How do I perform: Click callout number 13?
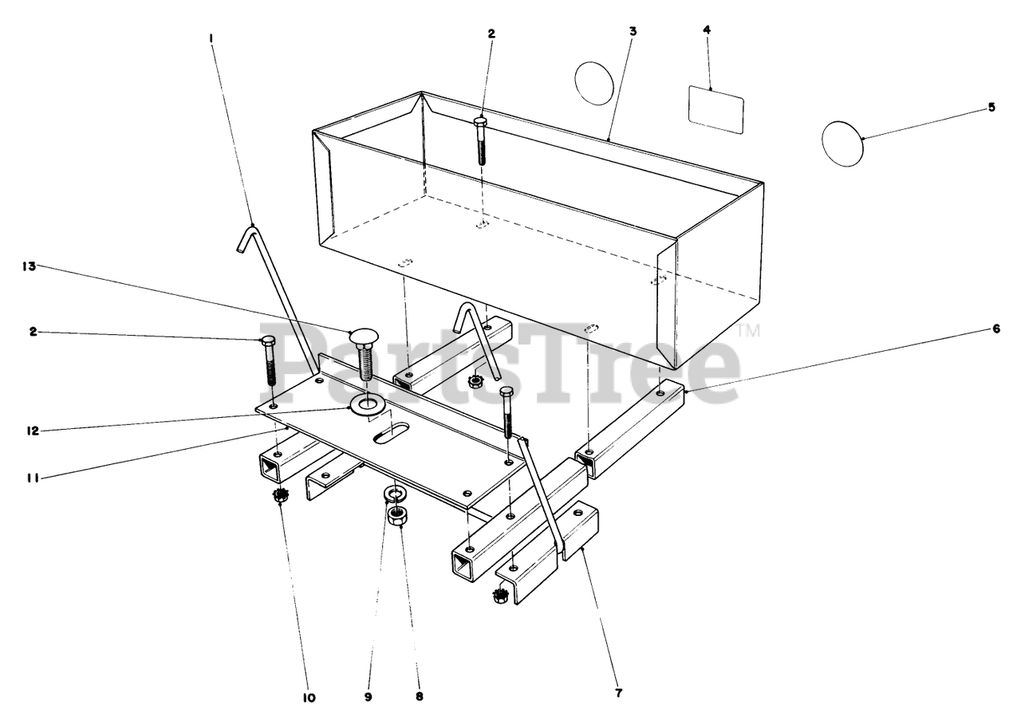(x=29, y=267)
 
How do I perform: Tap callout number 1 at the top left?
(x=211, y=37)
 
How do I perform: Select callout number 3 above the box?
(x=633, y=31)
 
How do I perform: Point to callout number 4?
(x=707, y=30)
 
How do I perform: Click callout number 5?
(x=991, y=107)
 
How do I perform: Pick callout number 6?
(x=995, y=329)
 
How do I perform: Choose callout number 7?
(x=618, y=692)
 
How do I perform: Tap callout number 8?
(x=419, y=696)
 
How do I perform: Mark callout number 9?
(x=369, y=696)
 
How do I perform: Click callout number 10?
(x=309, y=698)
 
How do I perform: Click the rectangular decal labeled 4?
(x=715, y=110)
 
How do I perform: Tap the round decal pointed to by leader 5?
(x=842, y=144)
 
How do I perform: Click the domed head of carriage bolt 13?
(x=363, y=336)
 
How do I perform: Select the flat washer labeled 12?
(x=367, y=405)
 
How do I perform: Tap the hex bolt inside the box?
(x=481, y=140)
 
